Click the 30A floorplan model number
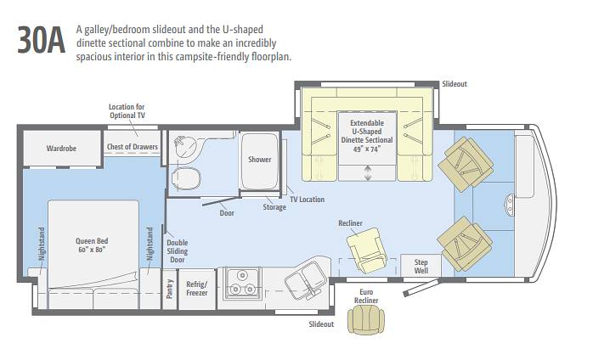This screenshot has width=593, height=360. [42, 40]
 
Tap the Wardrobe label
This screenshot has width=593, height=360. [61, 149]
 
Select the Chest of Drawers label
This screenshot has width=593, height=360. [132, 147]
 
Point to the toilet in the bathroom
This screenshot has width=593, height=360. [186, 178]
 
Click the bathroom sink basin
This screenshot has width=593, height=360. [185, 146]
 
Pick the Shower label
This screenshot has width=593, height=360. [259, 160]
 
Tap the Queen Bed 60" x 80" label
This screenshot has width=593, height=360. [92, 245]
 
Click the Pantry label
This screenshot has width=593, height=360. [170, 289]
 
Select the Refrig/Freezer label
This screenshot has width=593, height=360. [196, 289]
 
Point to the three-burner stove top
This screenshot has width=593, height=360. [242, 283]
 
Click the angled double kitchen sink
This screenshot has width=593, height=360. [305, 280]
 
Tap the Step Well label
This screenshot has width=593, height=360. [421, 267]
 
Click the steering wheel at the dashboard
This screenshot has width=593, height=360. [508, 205]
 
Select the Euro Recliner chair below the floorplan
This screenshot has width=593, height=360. [365, 320]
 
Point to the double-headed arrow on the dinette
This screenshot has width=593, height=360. [368, 173]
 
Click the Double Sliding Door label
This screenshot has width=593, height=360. [178, 251]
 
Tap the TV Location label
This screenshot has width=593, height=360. [307, 200]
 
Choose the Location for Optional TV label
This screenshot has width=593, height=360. [127, 111]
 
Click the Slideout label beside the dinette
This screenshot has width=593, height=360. [455, 83]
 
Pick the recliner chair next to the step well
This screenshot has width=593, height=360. [367, 250]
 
